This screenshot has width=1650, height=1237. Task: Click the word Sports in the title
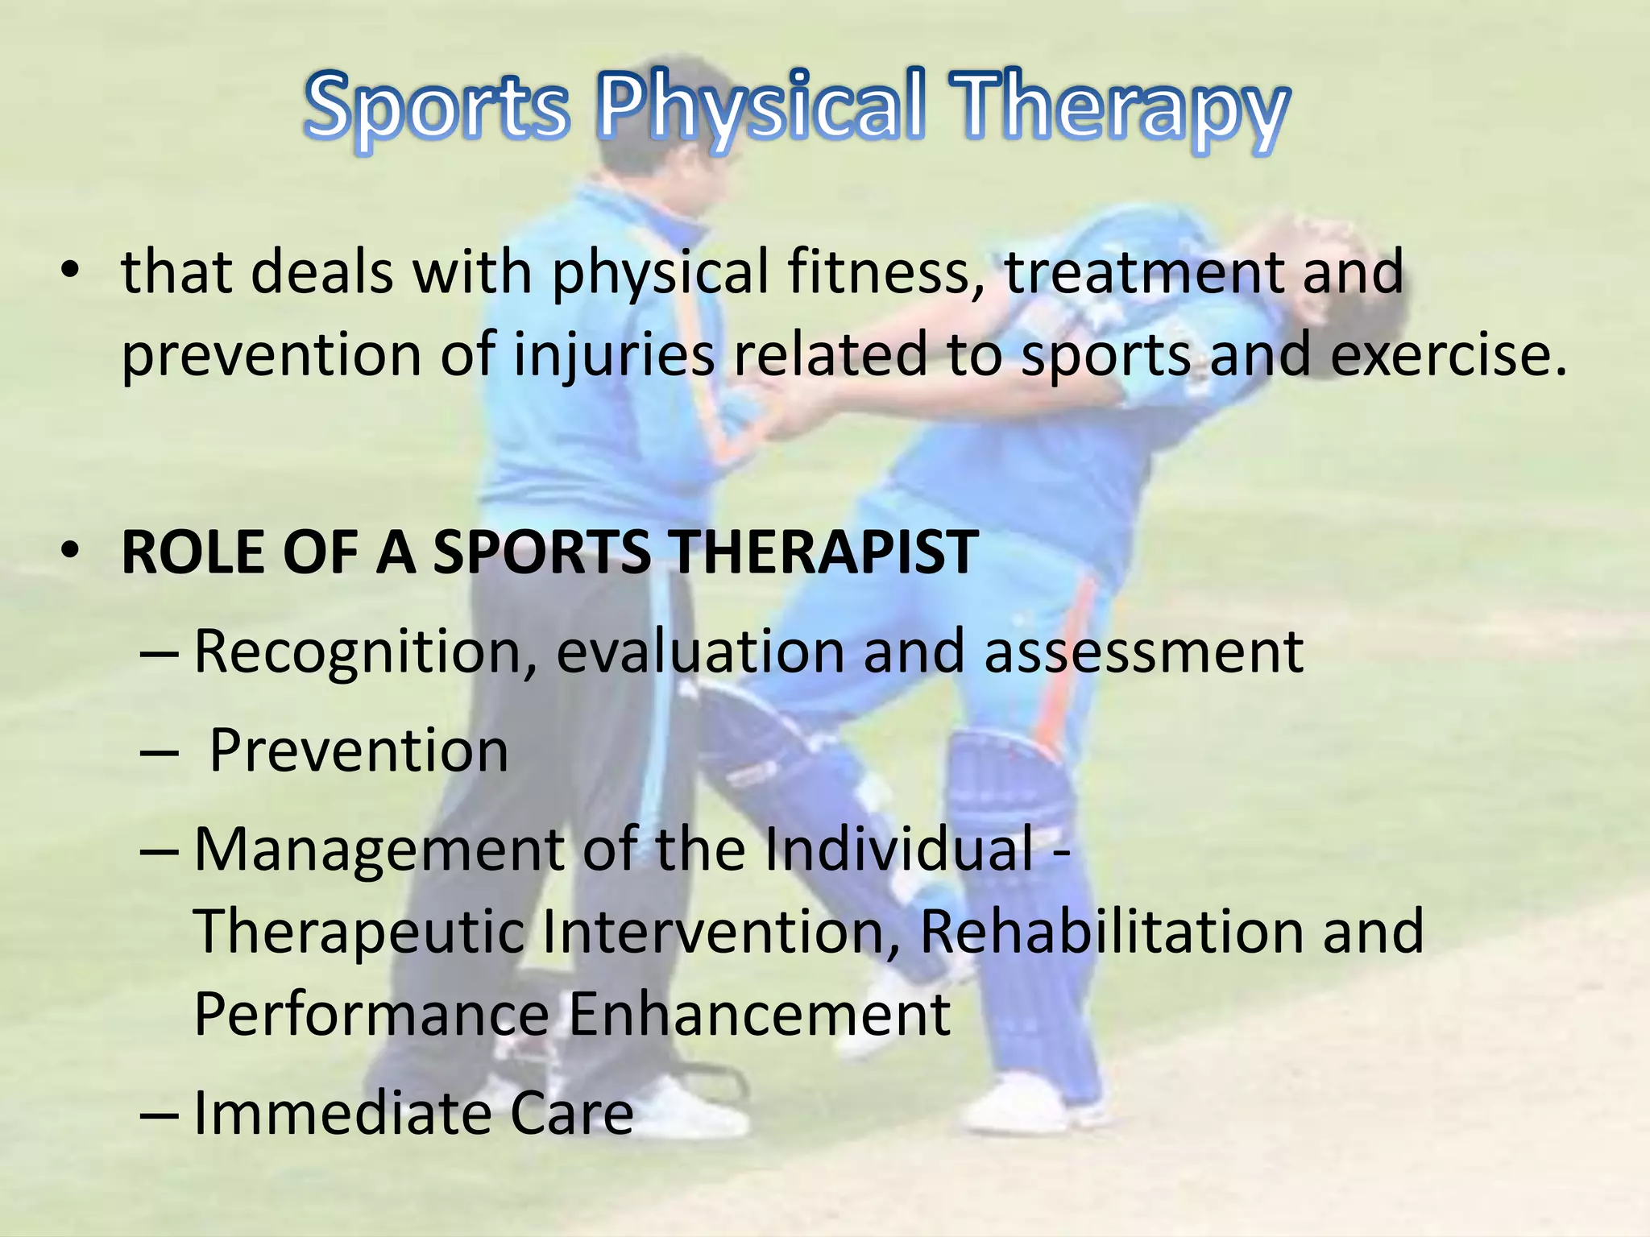(436, 109)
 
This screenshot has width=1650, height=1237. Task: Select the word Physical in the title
(761, 109)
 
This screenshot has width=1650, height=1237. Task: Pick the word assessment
(1143, 652)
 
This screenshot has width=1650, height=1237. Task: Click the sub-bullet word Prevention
(359, 751)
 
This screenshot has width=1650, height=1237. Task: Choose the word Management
(379, 850)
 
